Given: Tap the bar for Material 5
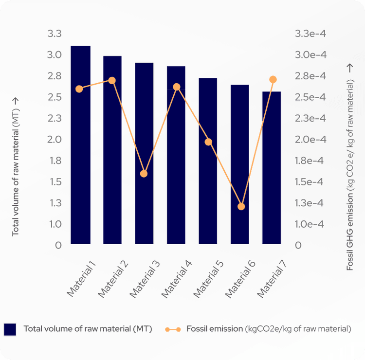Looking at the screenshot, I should tap(208, 161).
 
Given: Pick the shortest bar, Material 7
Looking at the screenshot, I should tap(272, 167).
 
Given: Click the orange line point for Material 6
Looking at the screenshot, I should tap(241, 206).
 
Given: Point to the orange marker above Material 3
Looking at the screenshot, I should tap(144, 174).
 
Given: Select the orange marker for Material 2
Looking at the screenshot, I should tap(112, 80).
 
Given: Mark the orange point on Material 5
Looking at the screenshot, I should tap(208, 142).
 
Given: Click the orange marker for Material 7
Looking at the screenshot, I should tap(273, 79).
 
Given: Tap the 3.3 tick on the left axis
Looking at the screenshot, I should tap(55, 34).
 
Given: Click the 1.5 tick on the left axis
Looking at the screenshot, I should tap(55, 182).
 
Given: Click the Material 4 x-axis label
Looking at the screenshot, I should tap(177, 279).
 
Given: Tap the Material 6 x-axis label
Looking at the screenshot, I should tap(240, 279).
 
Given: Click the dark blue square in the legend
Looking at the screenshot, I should tap(11, 329).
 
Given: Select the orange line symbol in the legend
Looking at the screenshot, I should tap(173, 329).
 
